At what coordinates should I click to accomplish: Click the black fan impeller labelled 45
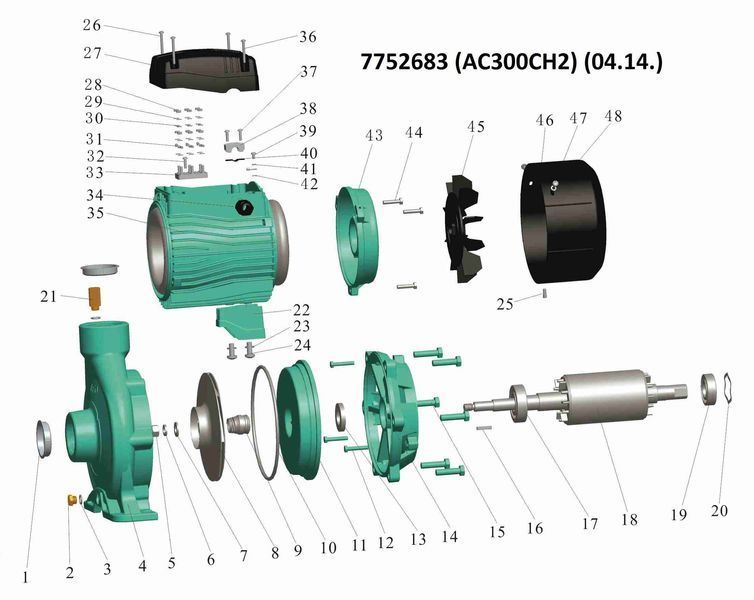[464, 229]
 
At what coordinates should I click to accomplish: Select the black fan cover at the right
[564, 221]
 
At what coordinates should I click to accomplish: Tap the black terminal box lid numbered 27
[204, 72]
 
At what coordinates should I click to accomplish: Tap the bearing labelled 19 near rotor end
[709, 389]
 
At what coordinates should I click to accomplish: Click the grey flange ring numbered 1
[44, 438]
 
